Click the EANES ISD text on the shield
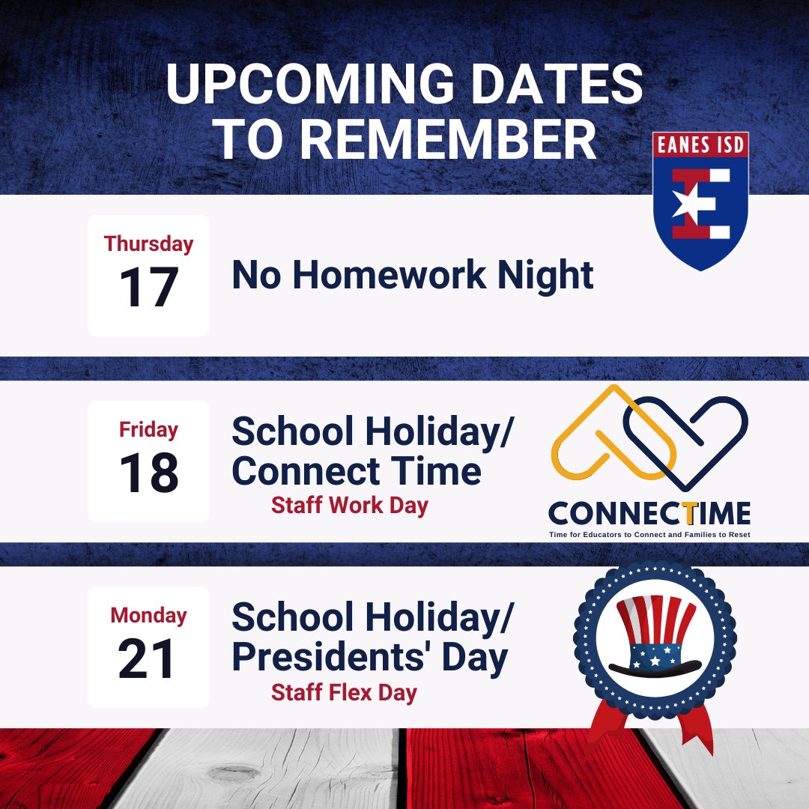tap(700, 145)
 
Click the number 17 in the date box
tap(148, 288)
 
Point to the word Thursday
tap(148, 244)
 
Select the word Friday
tap(148, 430)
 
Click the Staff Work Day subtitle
tap(349, 506)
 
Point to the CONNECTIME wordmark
tap(649, 514)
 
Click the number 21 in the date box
tap(148, 660)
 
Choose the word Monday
tap(148, 616)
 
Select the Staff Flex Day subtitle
tap(344, 692)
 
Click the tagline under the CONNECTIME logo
tap(649, 534)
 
